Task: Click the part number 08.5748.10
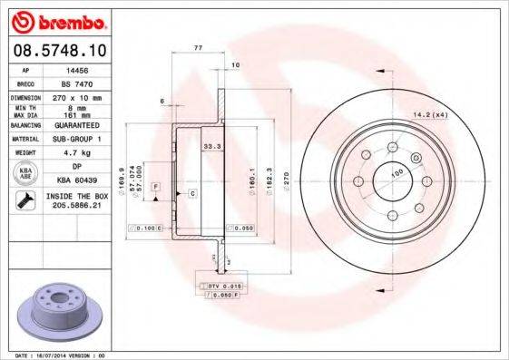(62, 50)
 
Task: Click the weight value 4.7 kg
(79, 154)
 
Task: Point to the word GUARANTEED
(79, 125)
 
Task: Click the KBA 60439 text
(79, 180)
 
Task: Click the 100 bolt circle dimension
(396, 172)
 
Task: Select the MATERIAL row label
(24, 140)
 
